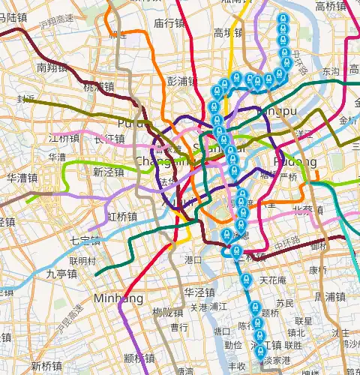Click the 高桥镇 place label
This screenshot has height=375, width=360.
[330, 7]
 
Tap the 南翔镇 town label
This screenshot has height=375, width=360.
[52, 67]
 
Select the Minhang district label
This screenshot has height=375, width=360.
[118, 298]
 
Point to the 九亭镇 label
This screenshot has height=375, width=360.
[61, 274]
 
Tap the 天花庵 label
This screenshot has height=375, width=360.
[273, 280]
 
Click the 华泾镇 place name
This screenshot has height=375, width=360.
[200, 292]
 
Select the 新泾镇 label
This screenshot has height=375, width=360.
[108, 172]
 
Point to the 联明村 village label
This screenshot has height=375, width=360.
[82, 261]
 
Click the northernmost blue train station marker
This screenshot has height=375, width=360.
[283, 19]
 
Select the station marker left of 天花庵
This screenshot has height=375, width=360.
[244, 282]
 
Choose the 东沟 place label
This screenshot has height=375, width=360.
[331, 71]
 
